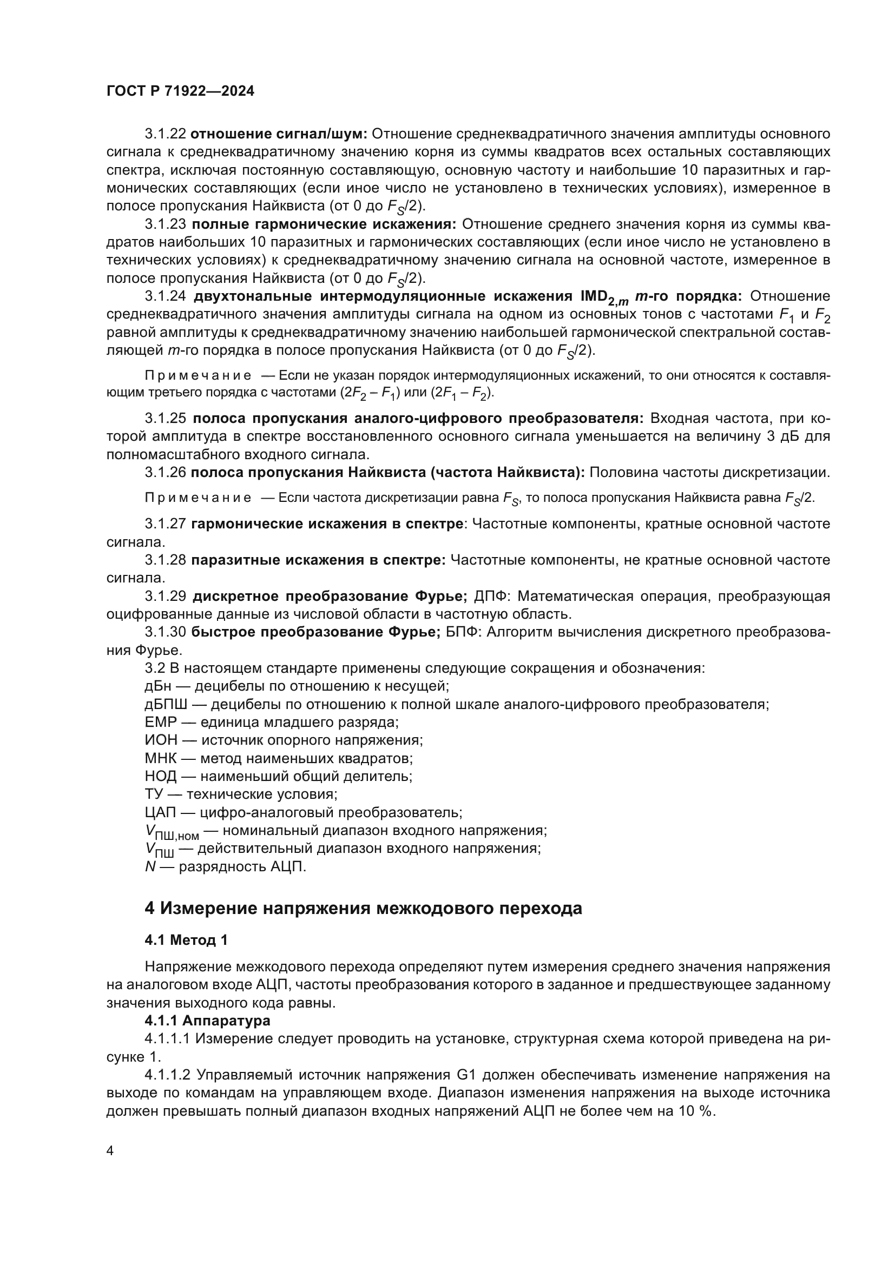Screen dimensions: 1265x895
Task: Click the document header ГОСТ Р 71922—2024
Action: click(x=180, y=91)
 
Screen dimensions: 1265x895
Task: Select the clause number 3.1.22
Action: click(x=166, y=134)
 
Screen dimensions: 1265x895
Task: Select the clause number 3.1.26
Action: click(x=166, y=472)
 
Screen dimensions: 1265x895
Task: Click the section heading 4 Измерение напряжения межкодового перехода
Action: click(x=363, y=908)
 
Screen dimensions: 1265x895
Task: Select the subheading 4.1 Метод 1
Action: click(x=186, y=940)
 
